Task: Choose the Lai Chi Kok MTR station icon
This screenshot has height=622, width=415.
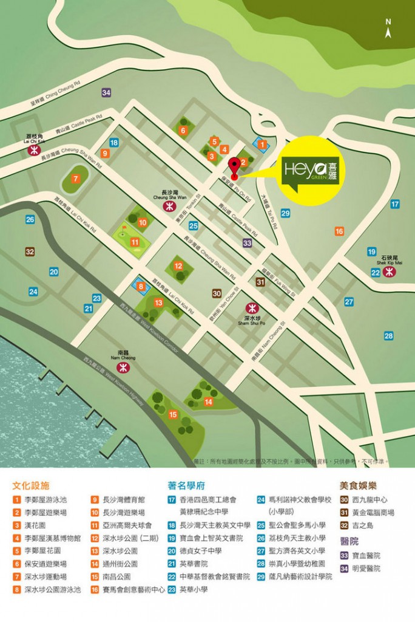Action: tap(34, 152)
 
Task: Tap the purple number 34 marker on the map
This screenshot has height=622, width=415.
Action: tap(107, 92)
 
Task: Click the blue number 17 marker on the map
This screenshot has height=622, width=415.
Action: tap(395, 204)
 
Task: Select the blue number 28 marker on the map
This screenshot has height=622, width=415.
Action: tap(388, 335)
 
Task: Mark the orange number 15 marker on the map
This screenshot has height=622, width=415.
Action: tap(174, 414)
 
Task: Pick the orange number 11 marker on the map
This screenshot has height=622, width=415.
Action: tap(135, 243)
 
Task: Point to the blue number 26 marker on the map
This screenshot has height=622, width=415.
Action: tap(30, 219)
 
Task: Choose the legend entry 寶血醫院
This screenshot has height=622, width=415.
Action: tap(368, 555)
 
